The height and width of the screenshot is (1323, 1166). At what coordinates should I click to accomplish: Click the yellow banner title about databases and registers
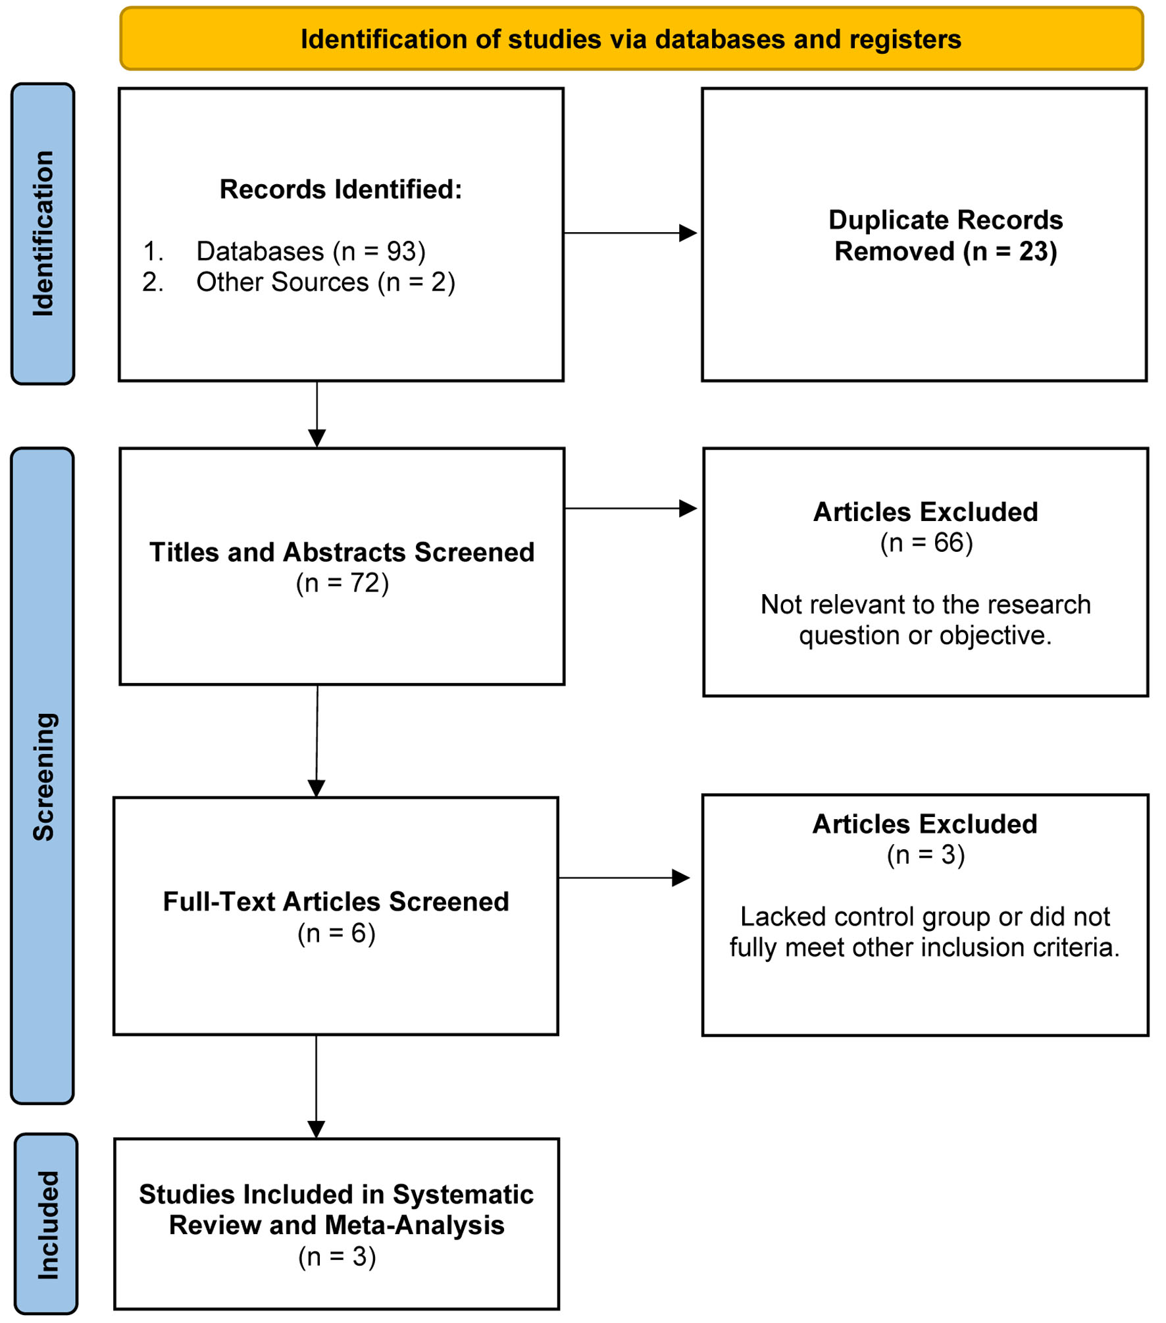coord(631,39)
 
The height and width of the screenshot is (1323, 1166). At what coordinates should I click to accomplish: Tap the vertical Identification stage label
coord(43,234)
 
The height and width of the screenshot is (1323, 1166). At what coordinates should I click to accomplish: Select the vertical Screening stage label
coord(43,776)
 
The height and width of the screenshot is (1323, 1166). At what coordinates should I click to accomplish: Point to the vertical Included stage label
coord(48,1226)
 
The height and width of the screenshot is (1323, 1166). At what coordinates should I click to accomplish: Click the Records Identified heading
coord(341,189)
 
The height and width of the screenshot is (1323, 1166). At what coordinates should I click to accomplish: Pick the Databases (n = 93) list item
coord(284,251)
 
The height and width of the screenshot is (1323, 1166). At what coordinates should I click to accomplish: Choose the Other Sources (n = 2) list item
coord(299,282)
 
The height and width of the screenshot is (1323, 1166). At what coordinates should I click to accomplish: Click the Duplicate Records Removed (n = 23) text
coord(946,236)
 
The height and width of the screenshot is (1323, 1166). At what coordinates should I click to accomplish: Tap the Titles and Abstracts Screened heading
coord(342,552)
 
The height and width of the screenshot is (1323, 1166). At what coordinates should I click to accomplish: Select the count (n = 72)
coord(342,584)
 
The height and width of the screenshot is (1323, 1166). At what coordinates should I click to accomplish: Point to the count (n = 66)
coord(926,543)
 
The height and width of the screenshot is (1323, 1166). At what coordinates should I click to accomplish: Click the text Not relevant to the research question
coord(925,620)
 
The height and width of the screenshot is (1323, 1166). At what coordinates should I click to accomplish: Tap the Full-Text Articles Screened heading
coord(336,901)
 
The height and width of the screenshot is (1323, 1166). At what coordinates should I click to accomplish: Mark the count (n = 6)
coord(336,934)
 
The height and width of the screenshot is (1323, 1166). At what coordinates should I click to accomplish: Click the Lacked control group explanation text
coord(925,932)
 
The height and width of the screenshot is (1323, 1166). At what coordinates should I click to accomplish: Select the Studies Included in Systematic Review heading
coord(336,1210)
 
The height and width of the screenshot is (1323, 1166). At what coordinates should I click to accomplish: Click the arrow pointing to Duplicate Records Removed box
coord(630,233)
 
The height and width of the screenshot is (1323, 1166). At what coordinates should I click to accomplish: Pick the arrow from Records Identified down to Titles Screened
coord(317,414)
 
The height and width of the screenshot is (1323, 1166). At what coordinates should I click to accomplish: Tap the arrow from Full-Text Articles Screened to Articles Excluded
coord(624,878)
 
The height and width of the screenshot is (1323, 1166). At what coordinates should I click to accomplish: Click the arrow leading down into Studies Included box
coord(317,1087)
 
